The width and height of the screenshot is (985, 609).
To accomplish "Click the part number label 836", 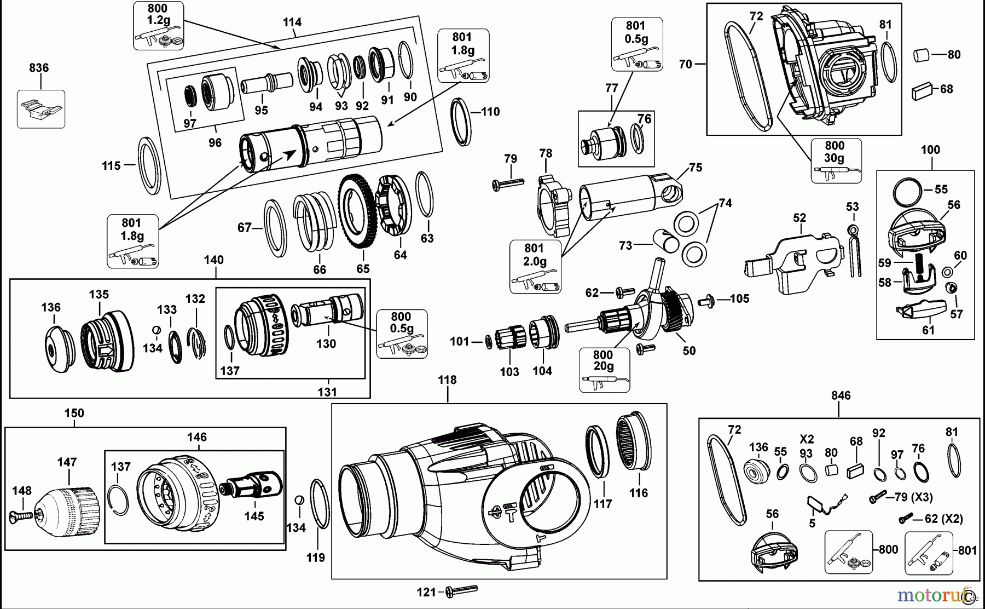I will (x=39, y=68).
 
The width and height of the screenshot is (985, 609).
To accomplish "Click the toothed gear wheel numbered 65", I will (x=357, y=217).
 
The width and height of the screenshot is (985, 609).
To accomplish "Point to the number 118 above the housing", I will (x=447, y=380).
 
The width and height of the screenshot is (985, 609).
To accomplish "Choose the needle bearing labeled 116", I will (x=633, y=447).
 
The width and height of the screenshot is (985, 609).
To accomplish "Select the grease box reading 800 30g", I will (x=836, y=160).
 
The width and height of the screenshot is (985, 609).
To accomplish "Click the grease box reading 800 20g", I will (x=604, y=370).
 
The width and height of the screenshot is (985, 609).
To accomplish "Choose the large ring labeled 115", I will (x=148, y=166).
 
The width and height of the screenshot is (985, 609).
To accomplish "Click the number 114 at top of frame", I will (x=292, y=22).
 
